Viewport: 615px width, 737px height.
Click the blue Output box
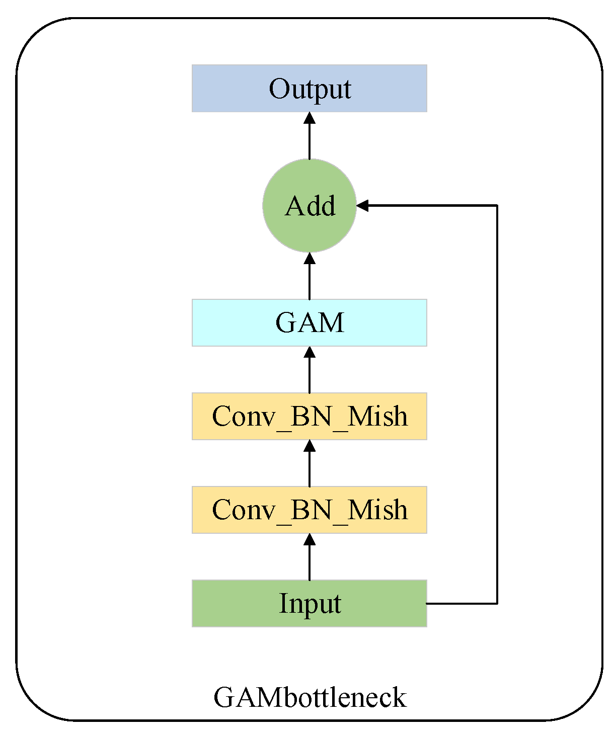coord(309,88)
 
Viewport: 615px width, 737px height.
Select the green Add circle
coord(309,205)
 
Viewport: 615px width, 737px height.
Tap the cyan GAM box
coord(309,322)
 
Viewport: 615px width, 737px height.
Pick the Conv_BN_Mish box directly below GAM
coord(309,416)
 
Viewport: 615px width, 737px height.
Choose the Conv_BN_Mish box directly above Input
coord(309,510)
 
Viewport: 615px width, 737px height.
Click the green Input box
coord(309,603)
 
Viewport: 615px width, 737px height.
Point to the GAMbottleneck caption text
coord(310,697)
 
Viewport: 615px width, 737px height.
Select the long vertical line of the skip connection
coord(497,402)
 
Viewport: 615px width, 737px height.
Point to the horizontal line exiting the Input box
coord(461,603)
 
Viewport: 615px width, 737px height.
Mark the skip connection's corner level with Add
coord(497,205)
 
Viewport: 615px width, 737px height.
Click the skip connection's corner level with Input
coord(497,603)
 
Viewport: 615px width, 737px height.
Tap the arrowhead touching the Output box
coord(310,118)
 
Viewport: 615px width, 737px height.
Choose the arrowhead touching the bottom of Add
coord(310,259)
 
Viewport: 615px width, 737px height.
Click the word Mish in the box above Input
coord(377,510)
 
